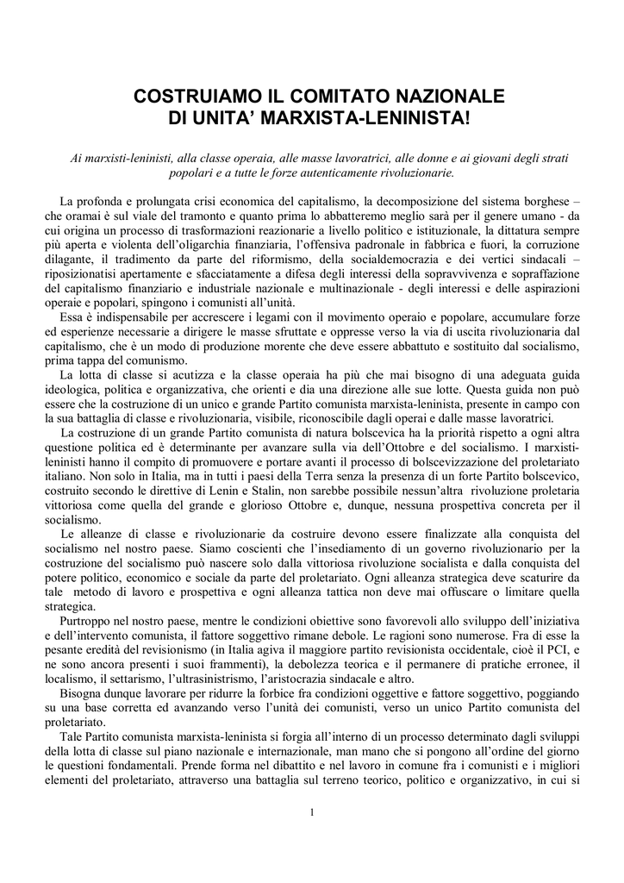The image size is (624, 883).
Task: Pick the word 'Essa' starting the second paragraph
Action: click(71, 316)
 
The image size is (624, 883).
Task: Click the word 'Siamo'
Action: click(210, 548)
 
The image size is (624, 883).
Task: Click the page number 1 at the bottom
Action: click(312, 812)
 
